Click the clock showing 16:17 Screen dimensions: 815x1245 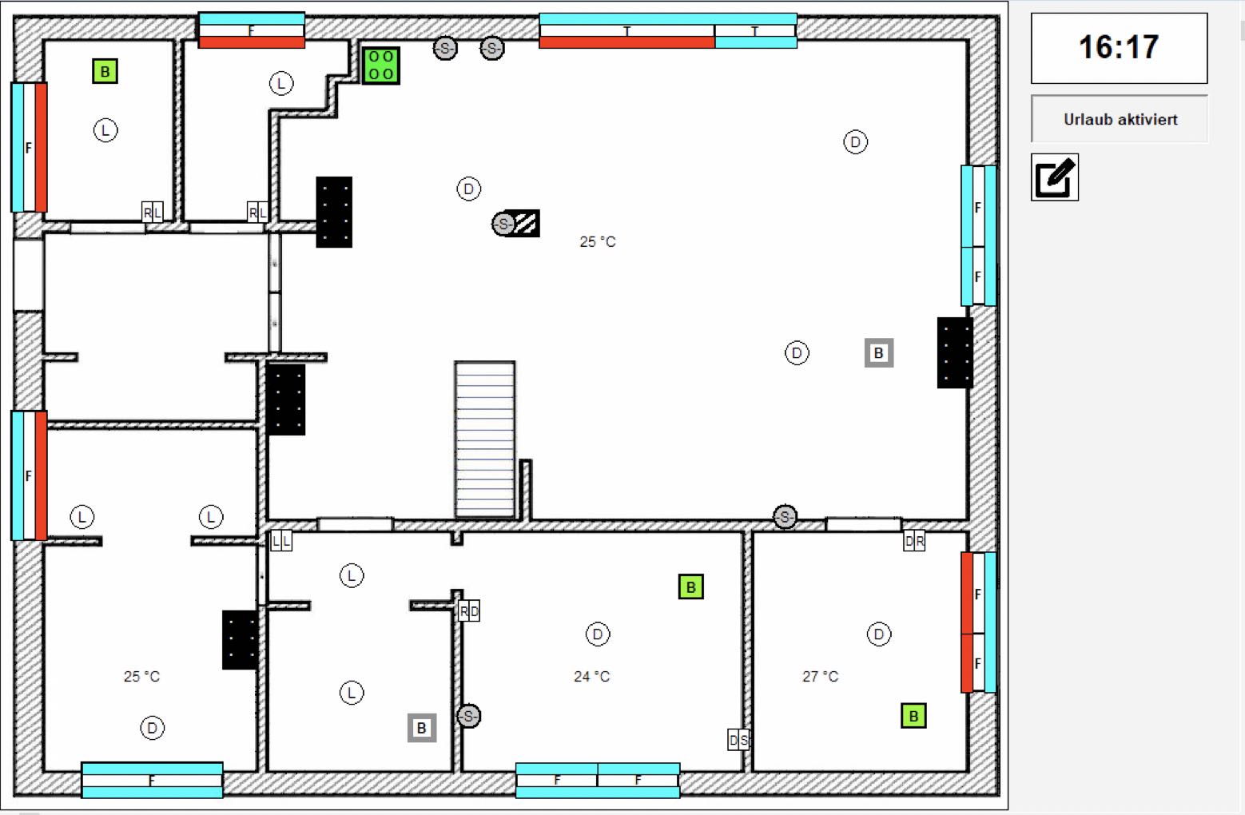tap(1119, 48)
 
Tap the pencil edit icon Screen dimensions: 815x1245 tap(1055, 177)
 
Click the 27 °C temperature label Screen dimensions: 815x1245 tap(820, 677)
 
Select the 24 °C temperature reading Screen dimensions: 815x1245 tap(591, 677)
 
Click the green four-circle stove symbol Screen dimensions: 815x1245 tap(381, 66)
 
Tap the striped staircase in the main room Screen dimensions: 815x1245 tap(485, 439)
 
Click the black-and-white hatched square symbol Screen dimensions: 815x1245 tap(526, 224)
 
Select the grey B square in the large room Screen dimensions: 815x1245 tap(879, 353)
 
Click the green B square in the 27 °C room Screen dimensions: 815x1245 tap(913, 716)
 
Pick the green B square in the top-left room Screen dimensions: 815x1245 tap(105, 72)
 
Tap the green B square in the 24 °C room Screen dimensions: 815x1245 tap(690, 587)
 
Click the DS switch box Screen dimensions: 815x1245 tap(738, 741)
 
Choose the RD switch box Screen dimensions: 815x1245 tap(469, 612)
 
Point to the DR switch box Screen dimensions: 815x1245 tap(914, 542)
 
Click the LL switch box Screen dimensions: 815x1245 tap(281, 542)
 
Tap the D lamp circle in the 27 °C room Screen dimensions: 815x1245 tap(878, 634)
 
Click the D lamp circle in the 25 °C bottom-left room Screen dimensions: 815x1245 tap(152, 728)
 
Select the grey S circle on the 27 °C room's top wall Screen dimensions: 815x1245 tap(785, 517)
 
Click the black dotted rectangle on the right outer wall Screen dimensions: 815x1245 tap(955, 353)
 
